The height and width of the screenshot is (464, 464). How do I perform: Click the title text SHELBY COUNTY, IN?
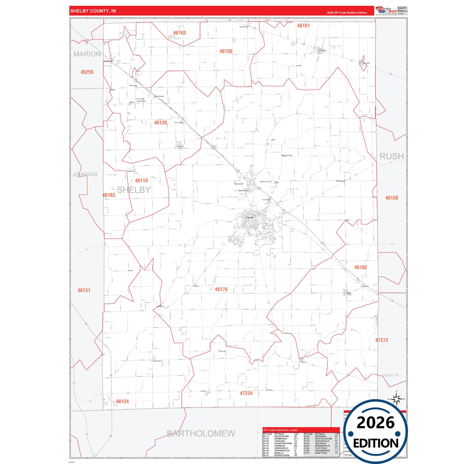[93, 11]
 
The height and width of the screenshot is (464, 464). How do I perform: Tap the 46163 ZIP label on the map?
[179, 33]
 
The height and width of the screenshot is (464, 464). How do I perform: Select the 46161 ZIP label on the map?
[303, 26]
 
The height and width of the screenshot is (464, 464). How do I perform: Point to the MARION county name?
[87, 54]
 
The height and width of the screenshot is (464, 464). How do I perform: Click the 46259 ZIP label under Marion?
[87, 72]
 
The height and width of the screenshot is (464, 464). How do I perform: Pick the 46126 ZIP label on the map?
[161, 123]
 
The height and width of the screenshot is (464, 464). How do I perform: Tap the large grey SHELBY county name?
[134, 190]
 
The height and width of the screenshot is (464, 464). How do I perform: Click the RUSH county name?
[391, 156]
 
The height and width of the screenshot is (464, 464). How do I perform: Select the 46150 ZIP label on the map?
[391, 198]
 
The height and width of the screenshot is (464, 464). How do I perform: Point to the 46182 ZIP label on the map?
[361, 267]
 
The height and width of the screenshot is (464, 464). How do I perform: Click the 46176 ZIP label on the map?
[221, 290]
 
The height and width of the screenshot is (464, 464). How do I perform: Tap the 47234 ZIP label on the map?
[246, 393]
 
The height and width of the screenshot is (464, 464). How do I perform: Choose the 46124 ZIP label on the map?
[122, 402]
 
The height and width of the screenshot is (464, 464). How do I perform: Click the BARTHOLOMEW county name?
[201, 433]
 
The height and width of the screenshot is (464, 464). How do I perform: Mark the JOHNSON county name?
[85, 175]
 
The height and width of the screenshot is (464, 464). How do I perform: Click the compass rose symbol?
[397, 399]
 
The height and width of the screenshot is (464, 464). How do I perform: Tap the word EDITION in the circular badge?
[376, 443]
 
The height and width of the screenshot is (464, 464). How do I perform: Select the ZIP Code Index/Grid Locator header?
[280, 430]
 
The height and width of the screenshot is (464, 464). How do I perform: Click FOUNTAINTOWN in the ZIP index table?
[283, 443]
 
